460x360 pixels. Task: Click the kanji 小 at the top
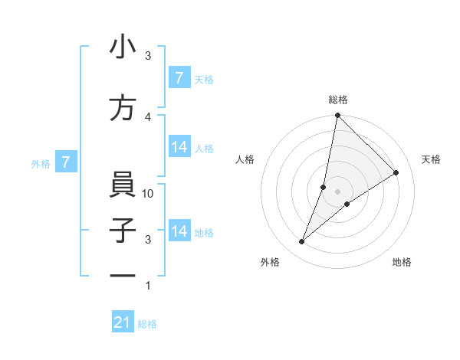pyautogui.click(x=123, y=47)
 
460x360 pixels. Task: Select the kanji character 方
pyautogui.click(x=123, y=109)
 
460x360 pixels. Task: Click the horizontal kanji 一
pyautogui.click(x=123, y=277)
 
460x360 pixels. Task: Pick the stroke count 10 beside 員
pyautogui.click(x=149, y=194)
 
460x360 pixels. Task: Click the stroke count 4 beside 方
pyautogui.click(x=148, y=116)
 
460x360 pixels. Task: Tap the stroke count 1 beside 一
pyautogui.click(x=148, y=286)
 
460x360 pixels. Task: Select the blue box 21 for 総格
pyautogui.click(x=123, y=323)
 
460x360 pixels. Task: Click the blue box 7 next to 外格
pyautogui.click(x=67, y=162)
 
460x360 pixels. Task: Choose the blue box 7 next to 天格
pyautogui.click(x=179, y=78)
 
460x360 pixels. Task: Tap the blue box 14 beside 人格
pyautogui.click(x=179, y=148)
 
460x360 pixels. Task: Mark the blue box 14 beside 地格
pyautogui.click(x=179, y=231)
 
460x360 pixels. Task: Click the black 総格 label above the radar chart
pyautogui.click(x=338, y=100)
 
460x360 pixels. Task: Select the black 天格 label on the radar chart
pyautogui.click(x=431, y=159)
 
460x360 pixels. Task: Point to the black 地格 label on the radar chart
pyautogui.click(x=402, y=263)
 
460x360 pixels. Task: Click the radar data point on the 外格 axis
pyautogui.click(x=302, y=242)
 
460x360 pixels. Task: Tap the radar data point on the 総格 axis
pyautogui.click(x=337, y=116)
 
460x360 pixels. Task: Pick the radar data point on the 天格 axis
pyautogui.click(x=396, y=173)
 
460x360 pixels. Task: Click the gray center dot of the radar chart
pyautogui.click(x=337, y=191)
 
